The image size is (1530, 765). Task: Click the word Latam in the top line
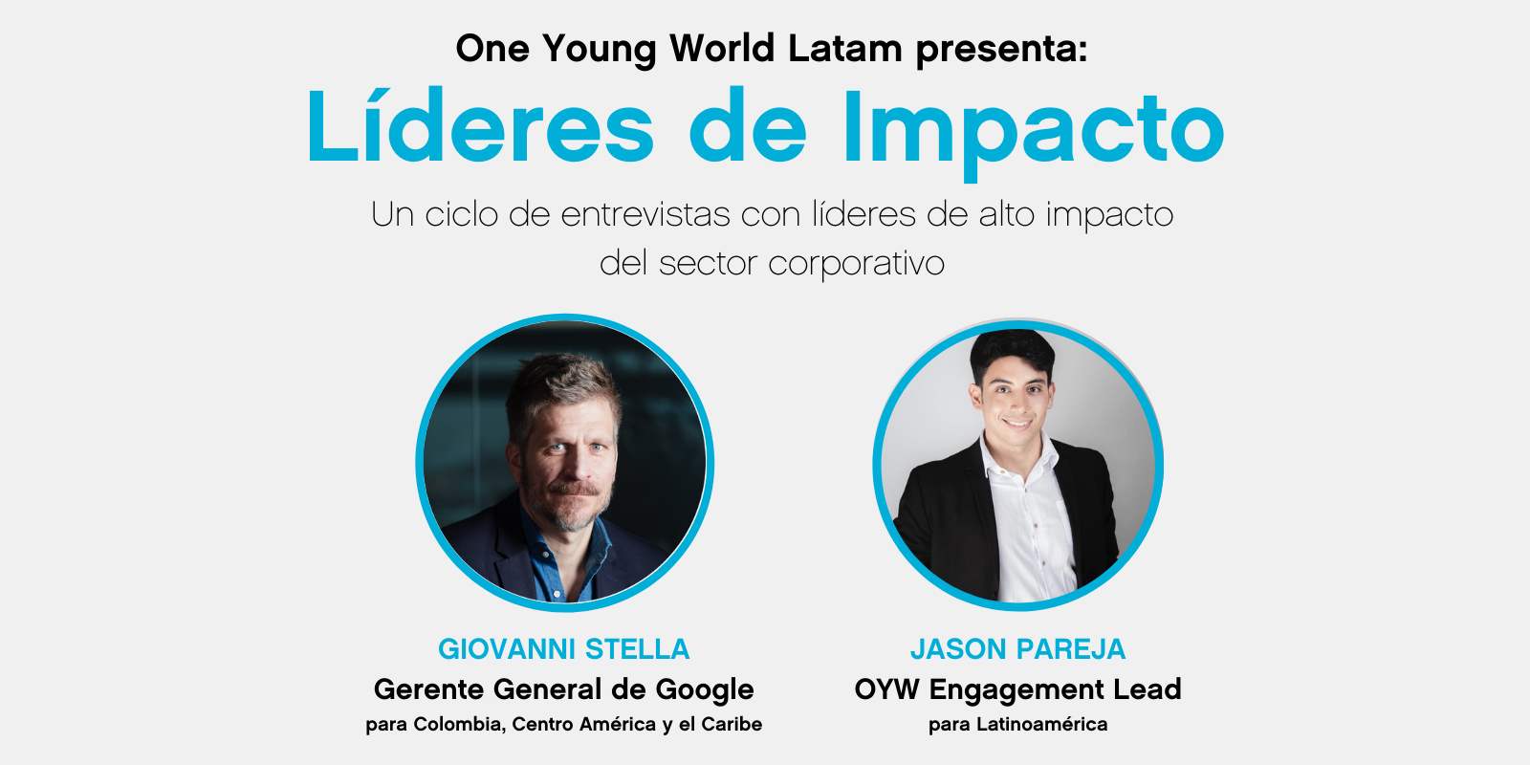point(845,49)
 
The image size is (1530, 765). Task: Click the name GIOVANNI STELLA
point(563,649)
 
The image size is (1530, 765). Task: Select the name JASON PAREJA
point(1017,649)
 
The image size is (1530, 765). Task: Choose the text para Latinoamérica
point(1017,724)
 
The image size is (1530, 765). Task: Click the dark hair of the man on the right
point(1012,353)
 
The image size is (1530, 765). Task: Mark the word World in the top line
point(722,49)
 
